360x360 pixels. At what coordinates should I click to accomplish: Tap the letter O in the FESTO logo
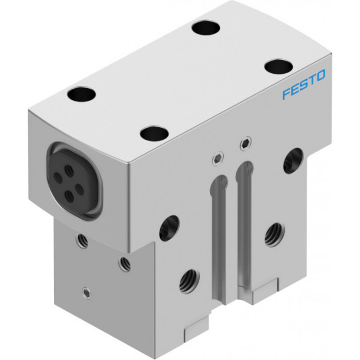click(320, 76)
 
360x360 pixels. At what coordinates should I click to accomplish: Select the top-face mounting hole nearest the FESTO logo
click(278, 67)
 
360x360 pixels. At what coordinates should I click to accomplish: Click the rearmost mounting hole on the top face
click(206, 28)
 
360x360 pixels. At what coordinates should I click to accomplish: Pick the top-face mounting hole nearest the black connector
click(81, 94)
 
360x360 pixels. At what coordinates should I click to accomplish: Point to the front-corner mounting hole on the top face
click(155, 133)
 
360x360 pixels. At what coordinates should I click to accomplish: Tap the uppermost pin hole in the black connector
click(69, 170)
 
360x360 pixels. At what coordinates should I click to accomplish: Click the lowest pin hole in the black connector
click(69, 197)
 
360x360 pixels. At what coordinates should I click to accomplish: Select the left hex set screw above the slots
click(218, 159)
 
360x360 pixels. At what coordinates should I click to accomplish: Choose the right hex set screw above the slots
click(245, 144)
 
